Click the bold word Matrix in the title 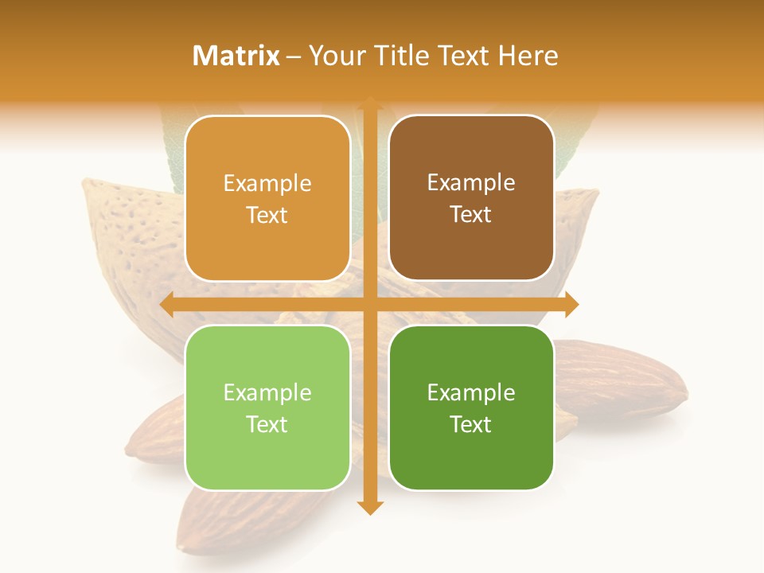[x=236, y=56]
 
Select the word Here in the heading [x=528, y=56]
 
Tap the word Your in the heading [x=337, y=56]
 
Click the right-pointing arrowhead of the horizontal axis [x=571, y=305]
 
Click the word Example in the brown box [x=471, y=183]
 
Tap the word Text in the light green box [x=267, y=424]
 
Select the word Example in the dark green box [x=471, y=392]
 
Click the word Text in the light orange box [x=267, y=215]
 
